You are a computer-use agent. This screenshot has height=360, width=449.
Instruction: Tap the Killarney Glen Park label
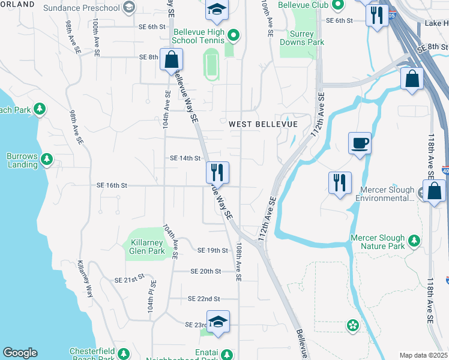[x=147, y=247]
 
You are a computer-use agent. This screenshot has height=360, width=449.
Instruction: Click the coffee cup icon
[x=360, y=143]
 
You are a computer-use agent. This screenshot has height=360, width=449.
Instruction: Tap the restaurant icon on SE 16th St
[x=218, y=173]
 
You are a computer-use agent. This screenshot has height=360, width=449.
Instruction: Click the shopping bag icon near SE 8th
[x=172, y=60]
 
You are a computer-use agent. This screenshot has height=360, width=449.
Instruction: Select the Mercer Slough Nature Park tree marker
[x=414, y=242]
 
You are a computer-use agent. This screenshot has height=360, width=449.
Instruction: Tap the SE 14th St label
[x=185, y=158]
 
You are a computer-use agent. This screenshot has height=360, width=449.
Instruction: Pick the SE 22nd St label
[x=203, y=299]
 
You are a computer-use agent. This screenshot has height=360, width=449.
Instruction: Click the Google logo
[x=20, y=353]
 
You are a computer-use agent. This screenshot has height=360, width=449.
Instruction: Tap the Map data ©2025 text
[x=423, y=355]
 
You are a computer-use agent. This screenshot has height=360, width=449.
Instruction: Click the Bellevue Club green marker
[x=337, y=5]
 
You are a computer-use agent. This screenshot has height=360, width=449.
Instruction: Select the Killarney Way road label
[x=86, y=279]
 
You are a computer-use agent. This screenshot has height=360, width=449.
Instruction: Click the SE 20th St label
[x=206, y=271]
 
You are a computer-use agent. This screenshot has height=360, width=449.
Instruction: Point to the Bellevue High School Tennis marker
[x=234, y=37]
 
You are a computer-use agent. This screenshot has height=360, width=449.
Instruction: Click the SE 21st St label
[x=130, y=279]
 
